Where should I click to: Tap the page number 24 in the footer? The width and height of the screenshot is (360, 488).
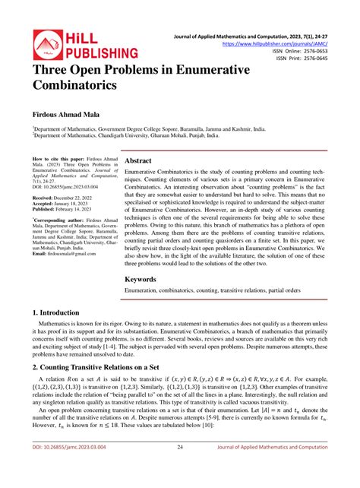tap(180, 467)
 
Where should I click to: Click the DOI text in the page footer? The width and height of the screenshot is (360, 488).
tap(69, 467)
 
